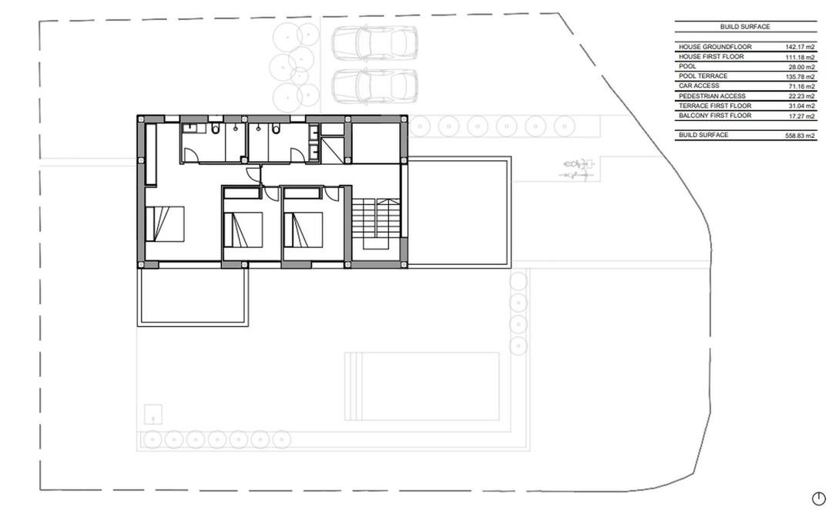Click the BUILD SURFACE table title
click(745, 27)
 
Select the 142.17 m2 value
click(800, 47)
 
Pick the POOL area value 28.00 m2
click(801, 67)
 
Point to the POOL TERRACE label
click(703, 76)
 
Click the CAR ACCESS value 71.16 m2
click(801, 86)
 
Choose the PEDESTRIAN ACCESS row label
click(712, 96)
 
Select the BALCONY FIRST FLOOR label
click(715, 116)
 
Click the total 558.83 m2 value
click(800, 136)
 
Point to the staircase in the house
click(377, 223)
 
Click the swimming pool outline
click(421, 387)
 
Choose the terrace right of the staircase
click(458, 212)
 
